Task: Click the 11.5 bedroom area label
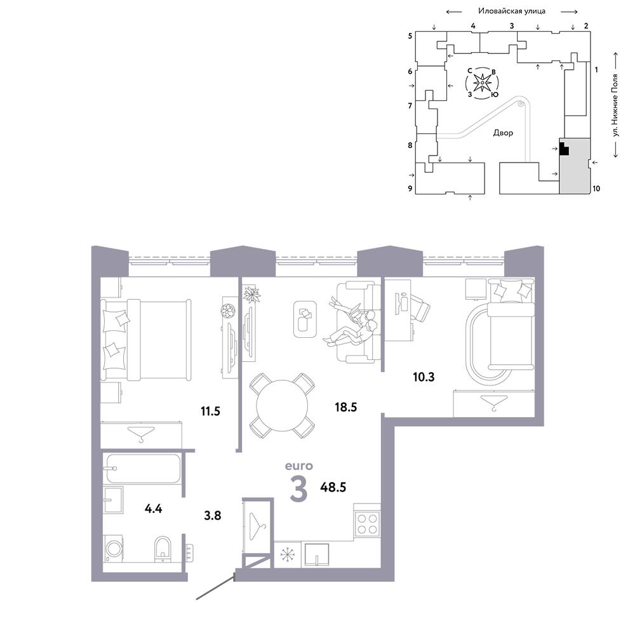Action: (210, 411)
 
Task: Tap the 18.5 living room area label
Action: (346, 407)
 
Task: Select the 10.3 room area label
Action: (424, 377)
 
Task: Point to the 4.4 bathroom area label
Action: (154, 508)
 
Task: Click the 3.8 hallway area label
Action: (213, 516)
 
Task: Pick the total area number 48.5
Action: (333, 487)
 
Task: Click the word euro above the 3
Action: (299, 466)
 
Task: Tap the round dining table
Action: (283, 405)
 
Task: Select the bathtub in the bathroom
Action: (142, 469)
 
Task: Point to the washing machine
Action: (114, 549)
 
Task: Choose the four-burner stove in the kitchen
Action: (367, 524)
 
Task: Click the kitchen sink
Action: (317, 554)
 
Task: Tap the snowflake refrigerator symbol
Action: (288, 554)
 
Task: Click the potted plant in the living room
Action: (251, 294)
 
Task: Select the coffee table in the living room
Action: (305, 319)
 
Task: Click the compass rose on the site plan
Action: (483, 83)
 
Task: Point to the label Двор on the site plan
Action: (503, 133)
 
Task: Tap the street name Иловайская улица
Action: (512, 11)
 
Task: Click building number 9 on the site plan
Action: (410, 189)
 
